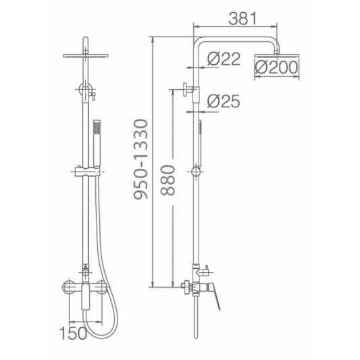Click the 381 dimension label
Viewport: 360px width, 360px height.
pos(242,19)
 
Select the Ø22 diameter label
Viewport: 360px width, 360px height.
pos(224,59)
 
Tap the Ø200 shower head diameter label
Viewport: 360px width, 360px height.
pos(276,68)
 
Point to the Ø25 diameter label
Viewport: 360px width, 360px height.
pos(224,101)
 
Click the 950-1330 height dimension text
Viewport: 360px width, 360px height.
pos(140,159)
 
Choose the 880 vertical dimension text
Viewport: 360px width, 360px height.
pos(168,180)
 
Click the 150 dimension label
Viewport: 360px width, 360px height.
pos(73,333)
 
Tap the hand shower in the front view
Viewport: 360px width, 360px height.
pos(97,143)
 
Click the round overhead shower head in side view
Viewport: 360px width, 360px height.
pos(277,55)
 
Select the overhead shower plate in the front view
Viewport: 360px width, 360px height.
pos(85,55)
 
